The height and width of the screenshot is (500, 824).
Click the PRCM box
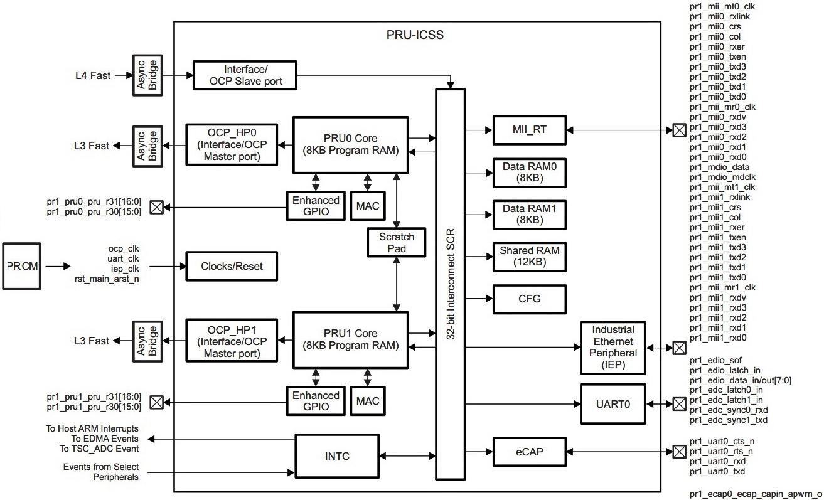[x=22, y=267]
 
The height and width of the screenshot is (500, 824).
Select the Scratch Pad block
[x=397, y=243]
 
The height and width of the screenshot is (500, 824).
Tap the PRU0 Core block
[x=351, y=145]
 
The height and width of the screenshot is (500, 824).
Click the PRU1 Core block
[x=351, y=339]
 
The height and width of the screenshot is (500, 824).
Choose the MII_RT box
[x=529, y=130]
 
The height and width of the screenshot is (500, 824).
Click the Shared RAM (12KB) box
[x=529, y=257]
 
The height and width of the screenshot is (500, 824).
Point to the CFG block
[x=529, y=299]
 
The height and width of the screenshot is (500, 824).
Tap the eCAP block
[x=529, y=450]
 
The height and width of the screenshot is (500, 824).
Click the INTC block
[x=336, y=455]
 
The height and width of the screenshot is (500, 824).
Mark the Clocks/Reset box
[x=232, y=266]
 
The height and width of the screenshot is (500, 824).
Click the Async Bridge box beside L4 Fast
[x=147, y=75]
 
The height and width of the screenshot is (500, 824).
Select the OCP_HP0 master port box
[x=232, y=145]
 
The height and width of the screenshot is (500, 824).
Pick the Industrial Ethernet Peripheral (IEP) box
[x=612, y=347]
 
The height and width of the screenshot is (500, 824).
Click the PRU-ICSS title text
[x=415, y=35]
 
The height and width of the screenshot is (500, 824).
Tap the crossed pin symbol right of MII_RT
[x=678, y=131]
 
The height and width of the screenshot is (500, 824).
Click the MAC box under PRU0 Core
[x=367, y=206]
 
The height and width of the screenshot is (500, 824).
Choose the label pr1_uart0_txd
[x=717, y=471]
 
